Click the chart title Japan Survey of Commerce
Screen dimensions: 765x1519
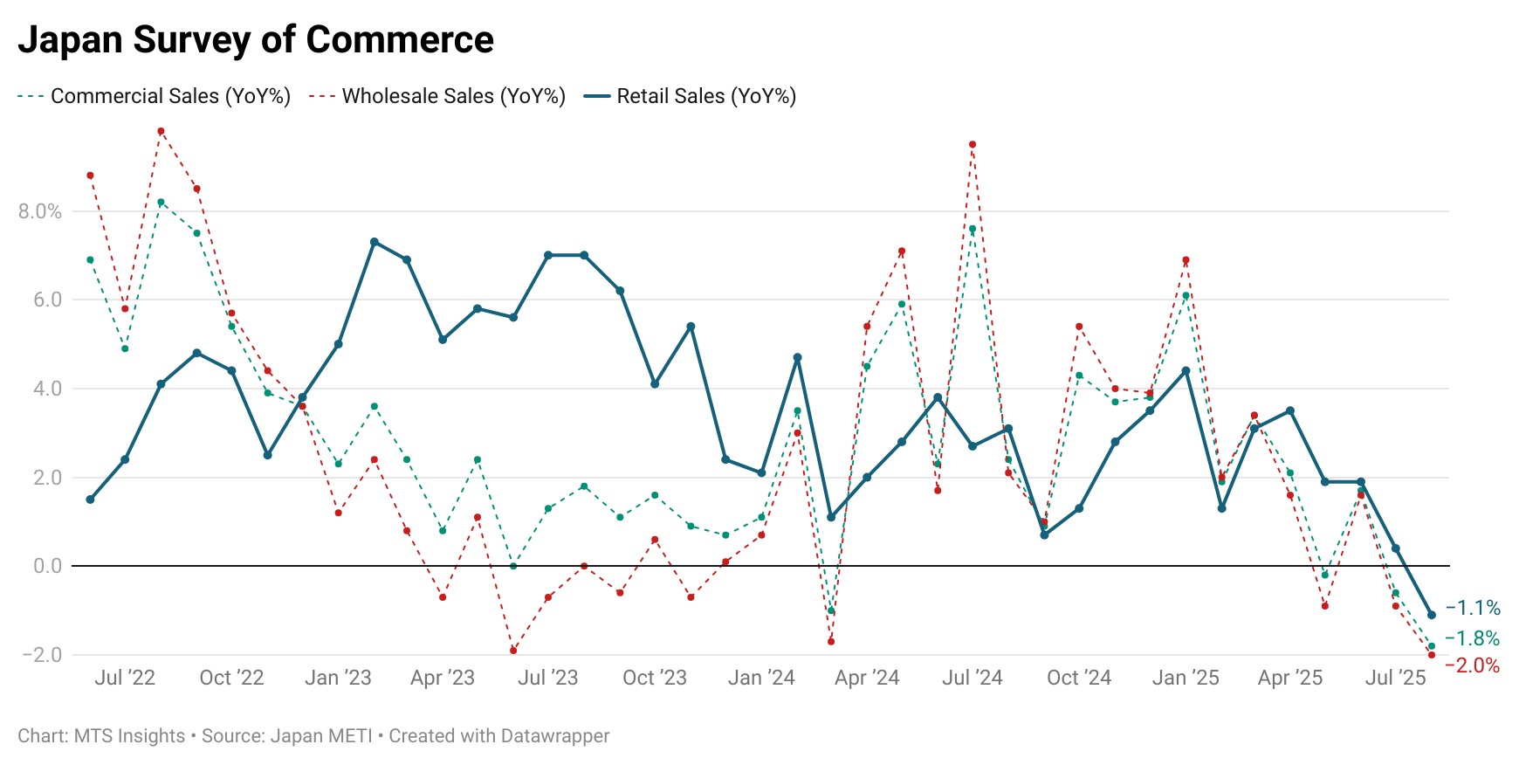pyautogui.click(x=256, y=40)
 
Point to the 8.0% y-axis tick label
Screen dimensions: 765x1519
pyautogui.click(x=40, y=211)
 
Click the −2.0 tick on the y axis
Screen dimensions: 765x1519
pyautogui.click(x=42, y=655)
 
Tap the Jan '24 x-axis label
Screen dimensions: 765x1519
pyautogui.click(x=761, y=678)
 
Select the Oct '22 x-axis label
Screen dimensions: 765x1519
pyautogui.click(x=231, y=678)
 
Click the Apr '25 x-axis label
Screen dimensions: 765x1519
pyautogui.click(x=1290, y=678)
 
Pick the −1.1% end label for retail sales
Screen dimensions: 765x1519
pyautogui.click(x=1473, y=608)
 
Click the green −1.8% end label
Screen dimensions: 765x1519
pyautogui.click(x=1473, y=638)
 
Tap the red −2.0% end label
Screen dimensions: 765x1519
pyautogui.click(x=1473, y=665)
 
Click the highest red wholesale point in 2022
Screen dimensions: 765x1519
pyautogui.click(x=161, y=131)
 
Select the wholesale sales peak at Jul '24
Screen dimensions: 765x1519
pyautogui.click(x=973, y=144)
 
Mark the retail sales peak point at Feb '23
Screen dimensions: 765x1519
pyautogui.click(x=375, y=242)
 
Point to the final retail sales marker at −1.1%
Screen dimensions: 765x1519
pyautogui.click(x=1432, y=615)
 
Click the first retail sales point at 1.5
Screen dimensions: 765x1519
pyautogui.click(x=90, y=500)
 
